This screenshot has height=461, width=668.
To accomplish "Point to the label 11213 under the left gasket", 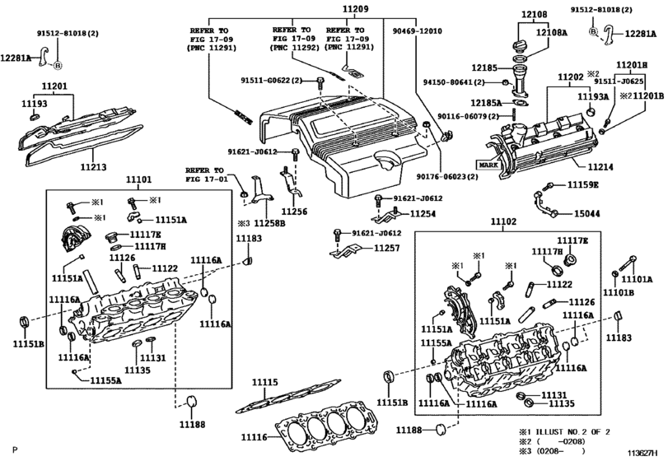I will pos(93,167).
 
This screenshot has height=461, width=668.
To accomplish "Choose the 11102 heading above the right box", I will pos(502,221).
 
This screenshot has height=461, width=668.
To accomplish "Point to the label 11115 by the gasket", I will pos(264,383).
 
